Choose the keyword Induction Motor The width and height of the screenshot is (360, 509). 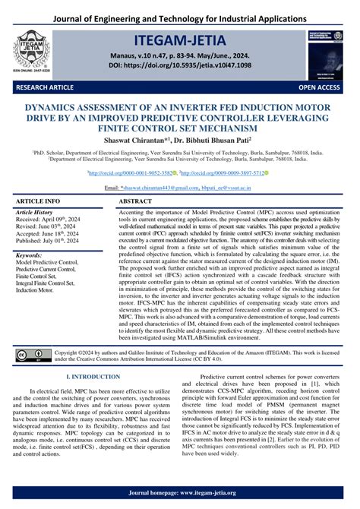(38, 289)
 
